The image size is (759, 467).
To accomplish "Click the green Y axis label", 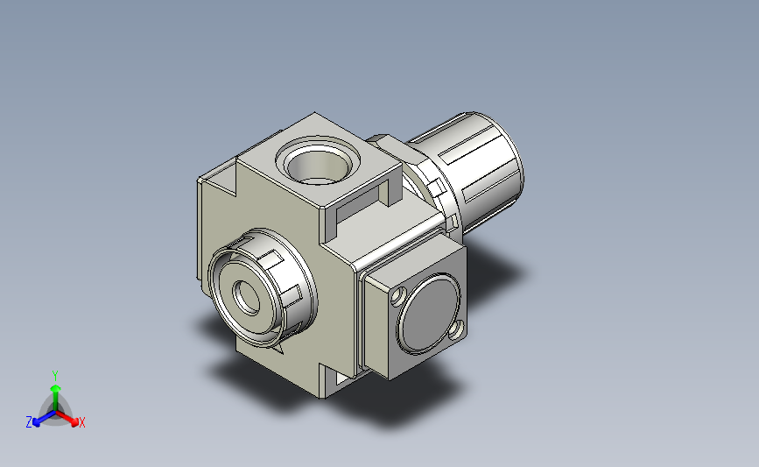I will pos(55,374).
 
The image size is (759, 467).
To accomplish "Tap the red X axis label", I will pos(82,422).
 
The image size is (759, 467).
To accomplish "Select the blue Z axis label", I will pos(29,422).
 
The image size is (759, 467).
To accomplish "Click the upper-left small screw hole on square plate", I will pos(398,295).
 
